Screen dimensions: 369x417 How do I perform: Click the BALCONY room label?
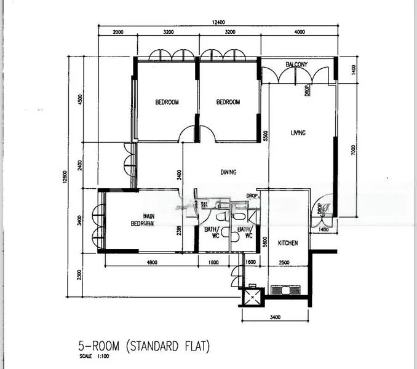[x=296, y=65]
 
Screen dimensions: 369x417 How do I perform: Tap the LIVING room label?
[x=298, y=133]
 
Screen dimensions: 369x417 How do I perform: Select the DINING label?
[x=228, y=172]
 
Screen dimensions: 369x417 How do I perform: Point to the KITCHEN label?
[x=288, y=244]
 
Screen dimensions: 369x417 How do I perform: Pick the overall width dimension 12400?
[x=218, y=22]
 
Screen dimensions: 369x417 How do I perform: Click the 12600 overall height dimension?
[x=71, y=176]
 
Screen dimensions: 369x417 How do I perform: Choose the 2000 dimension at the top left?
[x=118, y=32]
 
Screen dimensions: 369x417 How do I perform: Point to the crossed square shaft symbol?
[x=252, y=296]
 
